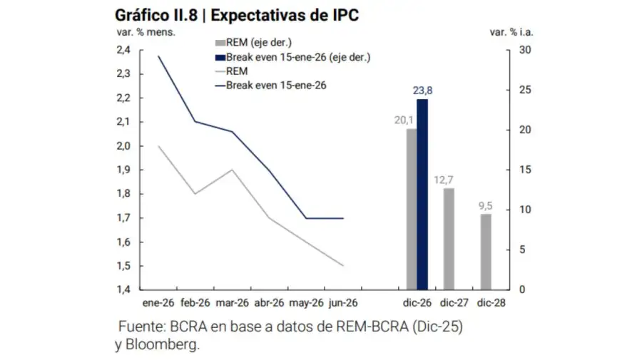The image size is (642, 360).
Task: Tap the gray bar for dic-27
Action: click(x=448, y=239)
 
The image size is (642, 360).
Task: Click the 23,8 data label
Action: click(x=423, y=90)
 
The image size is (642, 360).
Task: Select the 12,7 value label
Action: click(x=448, y=179)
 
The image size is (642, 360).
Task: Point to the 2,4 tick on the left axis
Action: click(x=123, y=50)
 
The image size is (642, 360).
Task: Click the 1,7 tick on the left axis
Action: click(x=123, y=218)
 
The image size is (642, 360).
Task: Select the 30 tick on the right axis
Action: click(x=525, y=50)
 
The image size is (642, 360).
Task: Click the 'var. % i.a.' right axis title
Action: click(x=511, y=31)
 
